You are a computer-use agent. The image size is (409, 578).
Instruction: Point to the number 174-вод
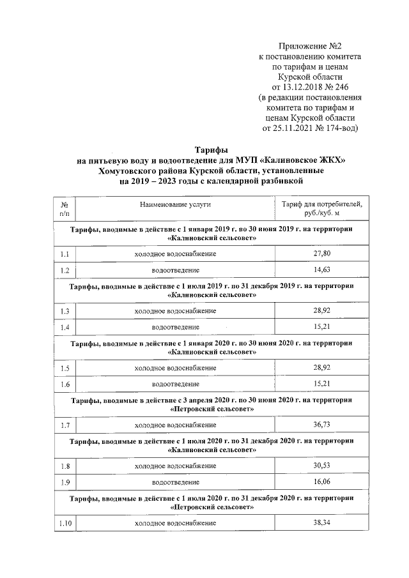pyautogui.click(x=339, y=128)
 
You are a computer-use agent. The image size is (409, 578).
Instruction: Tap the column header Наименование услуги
pyautogui.click(x=175, y=204)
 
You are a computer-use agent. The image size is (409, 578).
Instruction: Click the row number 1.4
pyautogui.click(x=64, y=327)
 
